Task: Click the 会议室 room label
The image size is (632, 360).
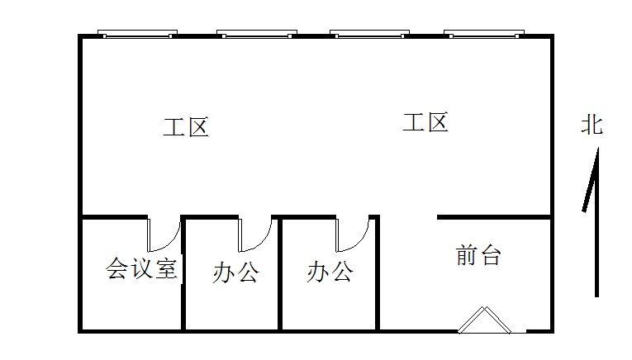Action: pos(142,268)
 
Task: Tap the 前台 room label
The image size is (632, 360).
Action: pos(478,255)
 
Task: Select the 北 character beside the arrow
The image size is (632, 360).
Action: pos(592,126)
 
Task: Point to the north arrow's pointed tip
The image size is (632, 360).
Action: pos(596,151)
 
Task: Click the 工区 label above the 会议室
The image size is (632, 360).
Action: pos(186,128)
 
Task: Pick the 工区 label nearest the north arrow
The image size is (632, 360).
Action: pos(425,124)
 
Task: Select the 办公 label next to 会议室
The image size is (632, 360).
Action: pos(235,272)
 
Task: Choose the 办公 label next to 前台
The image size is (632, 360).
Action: pos(330,272)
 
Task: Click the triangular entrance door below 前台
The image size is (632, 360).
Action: pos(485,322)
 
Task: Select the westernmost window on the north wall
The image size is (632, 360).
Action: pos(137,35)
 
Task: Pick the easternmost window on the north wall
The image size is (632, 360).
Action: pos(484,35)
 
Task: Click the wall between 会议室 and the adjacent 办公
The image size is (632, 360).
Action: pos(183,281)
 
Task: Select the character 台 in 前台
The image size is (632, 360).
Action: pos(490,255)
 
